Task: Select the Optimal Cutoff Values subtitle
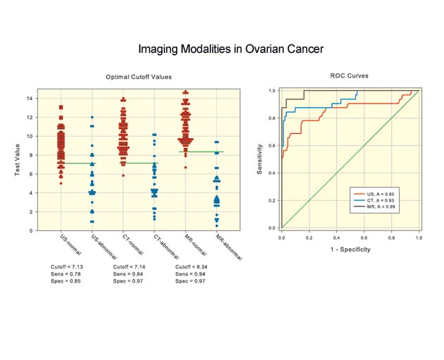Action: [139, 76]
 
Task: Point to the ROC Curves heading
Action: [350, 75]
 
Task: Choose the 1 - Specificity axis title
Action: [349, 249]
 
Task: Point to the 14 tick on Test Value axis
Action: [30, 99]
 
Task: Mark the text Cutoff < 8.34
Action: [194, 268]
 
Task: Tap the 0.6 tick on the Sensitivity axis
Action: [272, 145]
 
